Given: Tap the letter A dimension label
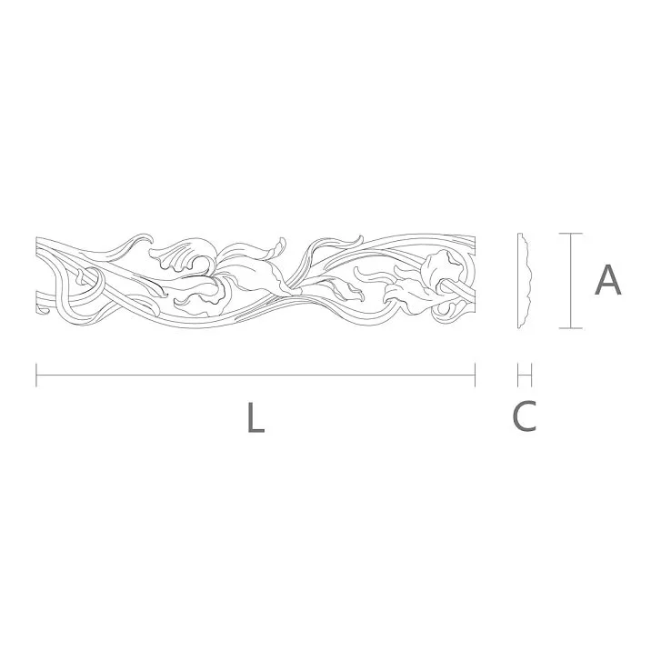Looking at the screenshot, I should point(607,280).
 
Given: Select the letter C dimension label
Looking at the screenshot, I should point(525,416).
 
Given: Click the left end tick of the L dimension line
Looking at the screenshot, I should point(36,375).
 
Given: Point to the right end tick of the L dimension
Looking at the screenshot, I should point(475,375).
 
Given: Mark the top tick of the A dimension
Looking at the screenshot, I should point(570,234).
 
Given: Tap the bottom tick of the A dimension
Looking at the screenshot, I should point(570,328).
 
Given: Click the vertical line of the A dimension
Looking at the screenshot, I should point(570,281).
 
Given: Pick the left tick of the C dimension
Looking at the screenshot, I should point(517,375).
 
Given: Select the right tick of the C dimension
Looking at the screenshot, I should point(532,375).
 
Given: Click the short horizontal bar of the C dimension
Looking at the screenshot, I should point(525,375).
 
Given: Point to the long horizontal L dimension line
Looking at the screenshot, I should point(255,375).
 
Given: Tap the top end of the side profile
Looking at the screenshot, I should point(519,235).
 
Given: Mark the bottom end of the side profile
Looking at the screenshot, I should point(519,326).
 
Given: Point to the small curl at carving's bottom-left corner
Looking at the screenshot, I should point(42,312).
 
